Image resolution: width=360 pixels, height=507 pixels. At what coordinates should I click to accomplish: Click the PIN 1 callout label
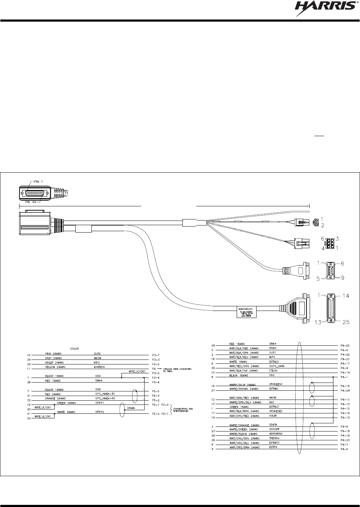click(x=45, y=182)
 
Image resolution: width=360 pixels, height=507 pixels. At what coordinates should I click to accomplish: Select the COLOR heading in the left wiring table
click(x=75, y=349)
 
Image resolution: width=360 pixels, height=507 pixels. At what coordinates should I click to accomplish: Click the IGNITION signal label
click(x=99, y=367)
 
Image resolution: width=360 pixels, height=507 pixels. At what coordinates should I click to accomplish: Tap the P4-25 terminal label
click(x=345, y=345)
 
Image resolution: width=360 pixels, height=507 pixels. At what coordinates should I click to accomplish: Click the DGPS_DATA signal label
click(x=277, y=366)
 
